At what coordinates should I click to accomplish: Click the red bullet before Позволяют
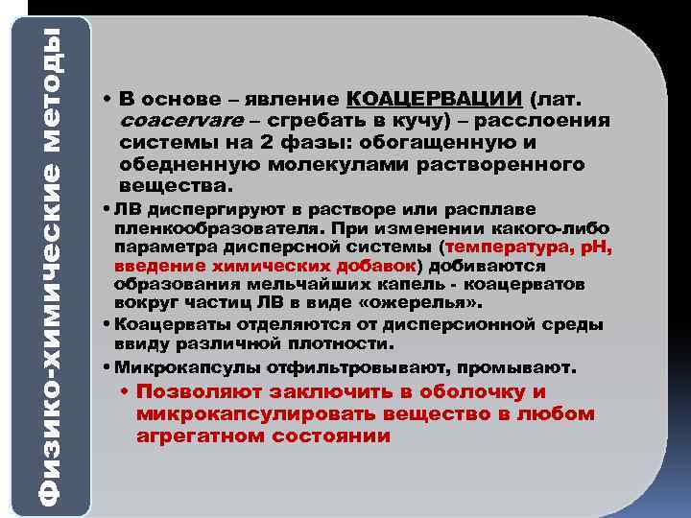(x=127, y=392)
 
